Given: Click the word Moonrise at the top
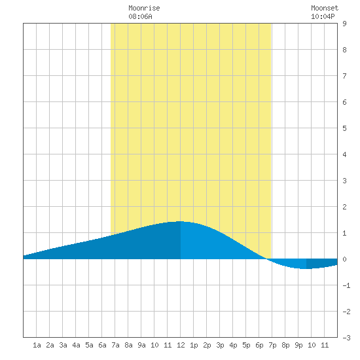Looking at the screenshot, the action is [144, 8].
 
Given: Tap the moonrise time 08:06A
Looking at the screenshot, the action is [140, 16].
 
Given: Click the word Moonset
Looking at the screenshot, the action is [325, 8].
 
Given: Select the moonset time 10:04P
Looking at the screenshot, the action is [323, 16].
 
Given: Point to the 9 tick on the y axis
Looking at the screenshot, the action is [344, 24].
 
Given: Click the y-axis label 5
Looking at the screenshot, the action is [344, 128].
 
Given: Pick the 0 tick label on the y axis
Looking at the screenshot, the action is [344, 259].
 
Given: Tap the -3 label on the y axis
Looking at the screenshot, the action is [346, 338].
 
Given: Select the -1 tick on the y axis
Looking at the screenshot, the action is [346, 285].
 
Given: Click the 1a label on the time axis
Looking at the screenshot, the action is [37, 345].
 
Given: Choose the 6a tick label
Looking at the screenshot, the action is [102, 345].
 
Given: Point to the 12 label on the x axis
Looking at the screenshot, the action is [181, 345].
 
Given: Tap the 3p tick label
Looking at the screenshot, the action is [220, 345].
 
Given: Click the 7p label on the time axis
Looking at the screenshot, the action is [272, 345].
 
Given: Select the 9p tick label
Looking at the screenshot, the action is [298, 345].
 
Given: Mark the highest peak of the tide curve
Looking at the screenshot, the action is [180, 221].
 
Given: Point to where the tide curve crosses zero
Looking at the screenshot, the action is [267, 259].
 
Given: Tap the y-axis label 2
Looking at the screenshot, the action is [344, 207].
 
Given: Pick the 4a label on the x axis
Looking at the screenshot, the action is [76, 345].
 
